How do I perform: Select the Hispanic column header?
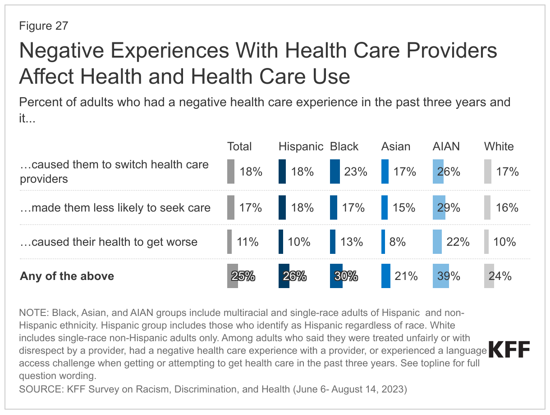[301, 147]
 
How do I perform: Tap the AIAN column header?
[446, 147]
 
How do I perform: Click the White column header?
[499, 147]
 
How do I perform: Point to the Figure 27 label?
[43, 26]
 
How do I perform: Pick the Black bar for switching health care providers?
[335, 171]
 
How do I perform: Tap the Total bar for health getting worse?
[229, 242]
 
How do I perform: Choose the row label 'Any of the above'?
[67, 276]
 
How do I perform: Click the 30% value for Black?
[346, 276]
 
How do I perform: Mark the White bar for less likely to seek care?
[487, 207]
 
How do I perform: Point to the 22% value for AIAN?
[458, 242]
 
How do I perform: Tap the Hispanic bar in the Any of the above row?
[284, 276]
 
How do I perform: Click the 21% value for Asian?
[406, 276]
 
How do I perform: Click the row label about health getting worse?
[109, 242]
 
